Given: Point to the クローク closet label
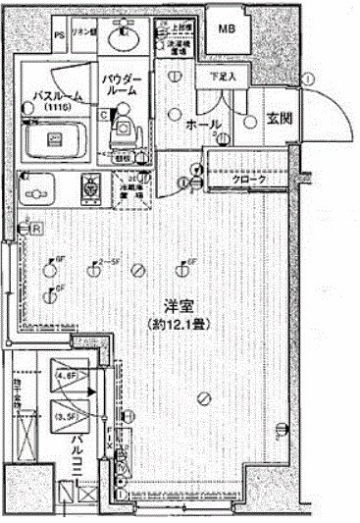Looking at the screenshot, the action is (x=248, y=182).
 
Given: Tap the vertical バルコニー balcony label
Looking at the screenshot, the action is (x=74, y=466).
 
